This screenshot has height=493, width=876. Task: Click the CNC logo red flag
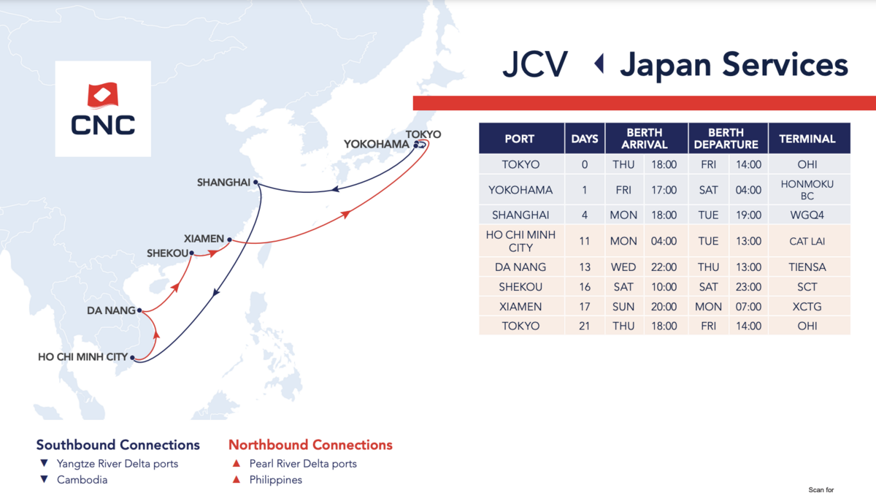(x=102, y=95)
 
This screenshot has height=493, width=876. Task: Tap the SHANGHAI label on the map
(x=223, y=183)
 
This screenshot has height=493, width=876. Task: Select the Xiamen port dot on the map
(x=229, y=240)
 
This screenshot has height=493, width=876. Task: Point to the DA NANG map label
(x=111, y=310)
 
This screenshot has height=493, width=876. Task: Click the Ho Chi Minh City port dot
(x=133, y=357)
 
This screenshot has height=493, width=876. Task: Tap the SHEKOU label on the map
(x=167, y=253)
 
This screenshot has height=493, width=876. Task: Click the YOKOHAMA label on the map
(x=376, y=145)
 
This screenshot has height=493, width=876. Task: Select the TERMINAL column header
(x=807, y=139)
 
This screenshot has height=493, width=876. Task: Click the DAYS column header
(x=585, y=139)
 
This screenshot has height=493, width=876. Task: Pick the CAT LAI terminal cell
(x=807, y=241)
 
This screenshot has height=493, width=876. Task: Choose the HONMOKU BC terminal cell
(x=807, y=190)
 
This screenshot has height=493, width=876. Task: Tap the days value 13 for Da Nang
(x=585, y=267)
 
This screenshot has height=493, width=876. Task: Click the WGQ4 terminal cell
(x=807, y=215)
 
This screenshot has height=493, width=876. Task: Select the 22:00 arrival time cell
(x=664, y=267)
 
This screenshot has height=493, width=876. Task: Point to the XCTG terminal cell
(x=807, y=307)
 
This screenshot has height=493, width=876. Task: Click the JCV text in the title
(x=535, y=64)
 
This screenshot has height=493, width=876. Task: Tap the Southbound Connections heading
(x=118, y=445)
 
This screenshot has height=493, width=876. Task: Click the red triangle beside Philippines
(x=237, y=479)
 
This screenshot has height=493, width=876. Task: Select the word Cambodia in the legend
(x=82, y=480)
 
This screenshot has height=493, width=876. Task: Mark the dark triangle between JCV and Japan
(x=599, y=64)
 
